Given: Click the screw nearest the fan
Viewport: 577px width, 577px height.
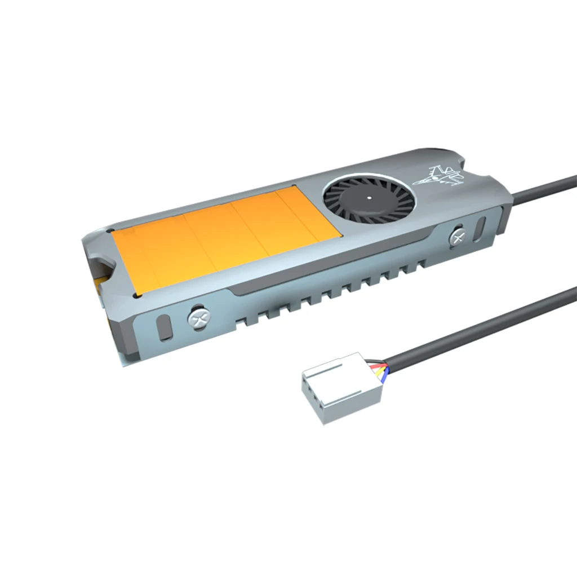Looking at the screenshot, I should click(459, 237).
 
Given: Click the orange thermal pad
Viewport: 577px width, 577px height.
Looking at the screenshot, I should click(225, 237).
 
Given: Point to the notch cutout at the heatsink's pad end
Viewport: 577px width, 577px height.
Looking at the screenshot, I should click(100, 265).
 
